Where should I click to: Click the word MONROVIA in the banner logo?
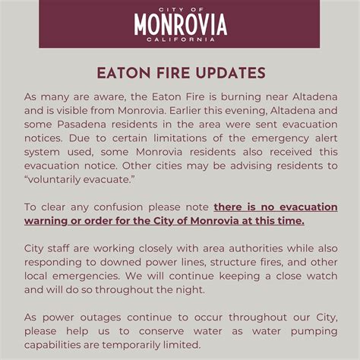[x=180, y=25]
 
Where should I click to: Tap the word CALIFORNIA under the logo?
[x=180, y=39]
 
